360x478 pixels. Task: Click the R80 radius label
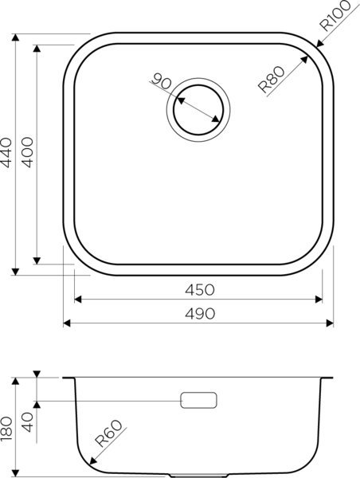coord(272,82)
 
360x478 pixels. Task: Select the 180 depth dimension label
coord(6,428)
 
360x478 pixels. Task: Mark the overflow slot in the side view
coord(198,399)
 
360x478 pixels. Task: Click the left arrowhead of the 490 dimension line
coord(66,323)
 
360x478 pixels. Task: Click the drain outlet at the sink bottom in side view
coord(198,475)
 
